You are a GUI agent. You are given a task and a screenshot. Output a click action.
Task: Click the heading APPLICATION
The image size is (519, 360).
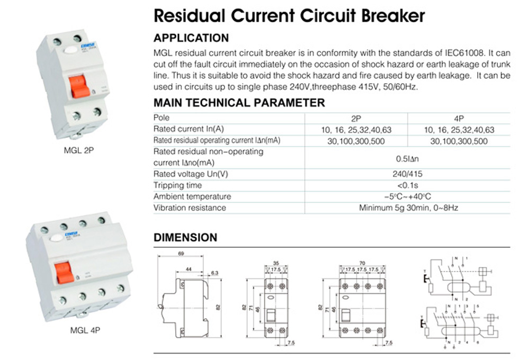(191, 38)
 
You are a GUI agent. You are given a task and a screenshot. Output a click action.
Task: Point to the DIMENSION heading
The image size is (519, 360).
(185, 238)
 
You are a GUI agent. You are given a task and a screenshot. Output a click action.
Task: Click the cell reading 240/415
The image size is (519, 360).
(408, 174)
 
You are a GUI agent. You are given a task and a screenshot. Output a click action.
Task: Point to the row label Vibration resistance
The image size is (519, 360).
(190, 208)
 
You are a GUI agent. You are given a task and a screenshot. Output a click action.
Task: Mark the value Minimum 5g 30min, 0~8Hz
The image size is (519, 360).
(408, 208)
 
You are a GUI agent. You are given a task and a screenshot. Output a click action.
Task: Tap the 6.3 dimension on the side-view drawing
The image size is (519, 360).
(214, 273)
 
